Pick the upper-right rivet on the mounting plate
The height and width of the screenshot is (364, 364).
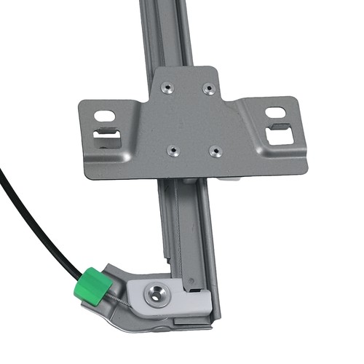click(x=210, y=88)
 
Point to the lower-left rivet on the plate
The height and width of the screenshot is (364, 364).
click(x=173, y=150)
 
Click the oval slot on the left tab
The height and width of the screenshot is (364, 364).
click(x=105, y=115)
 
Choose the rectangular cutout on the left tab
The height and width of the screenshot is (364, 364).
click(x=108, y=138)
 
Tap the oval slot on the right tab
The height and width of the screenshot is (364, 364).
click(x=276, y=112)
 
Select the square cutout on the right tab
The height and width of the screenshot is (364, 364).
click(x=280, y=136)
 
